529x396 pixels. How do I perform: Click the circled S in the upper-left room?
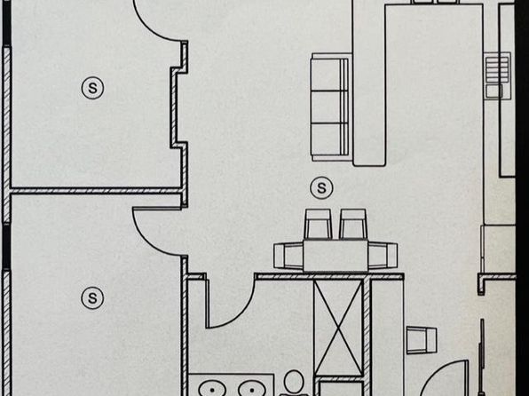tap(92, 88)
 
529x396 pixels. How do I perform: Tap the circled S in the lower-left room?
tap(92, 298)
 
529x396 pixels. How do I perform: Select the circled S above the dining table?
tap(321, 187)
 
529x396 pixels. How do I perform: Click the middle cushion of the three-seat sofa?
tap(329, 107)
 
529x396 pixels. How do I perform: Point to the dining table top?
tap(336, 256)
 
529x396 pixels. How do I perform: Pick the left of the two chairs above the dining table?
tap(318, 224)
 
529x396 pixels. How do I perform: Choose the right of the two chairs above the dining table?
tap(353, 224)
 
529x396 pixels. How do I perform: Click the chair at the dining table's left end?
tap(288, 256)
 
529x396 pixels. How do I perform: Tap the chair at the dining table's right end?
tap(383, 256)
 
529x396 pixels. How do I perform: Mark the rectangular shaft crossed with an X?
tap(337, 327)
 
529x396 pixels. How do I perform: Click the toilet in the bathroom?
tap(294, 384)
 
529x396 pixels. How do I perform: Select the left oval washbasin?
tap(212, 389)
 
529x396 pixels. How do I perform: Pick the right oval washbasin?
tap(252, 389)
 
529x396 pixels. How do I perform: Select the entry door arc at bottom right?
tap(432, 373)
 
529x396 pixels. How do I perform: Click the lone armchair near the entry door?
tap(422, 340)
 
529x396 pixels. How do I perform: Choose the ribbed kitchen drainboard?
tap(497, 69)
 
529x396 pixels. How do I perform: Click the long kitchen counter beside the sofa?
tap(369, 83)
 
